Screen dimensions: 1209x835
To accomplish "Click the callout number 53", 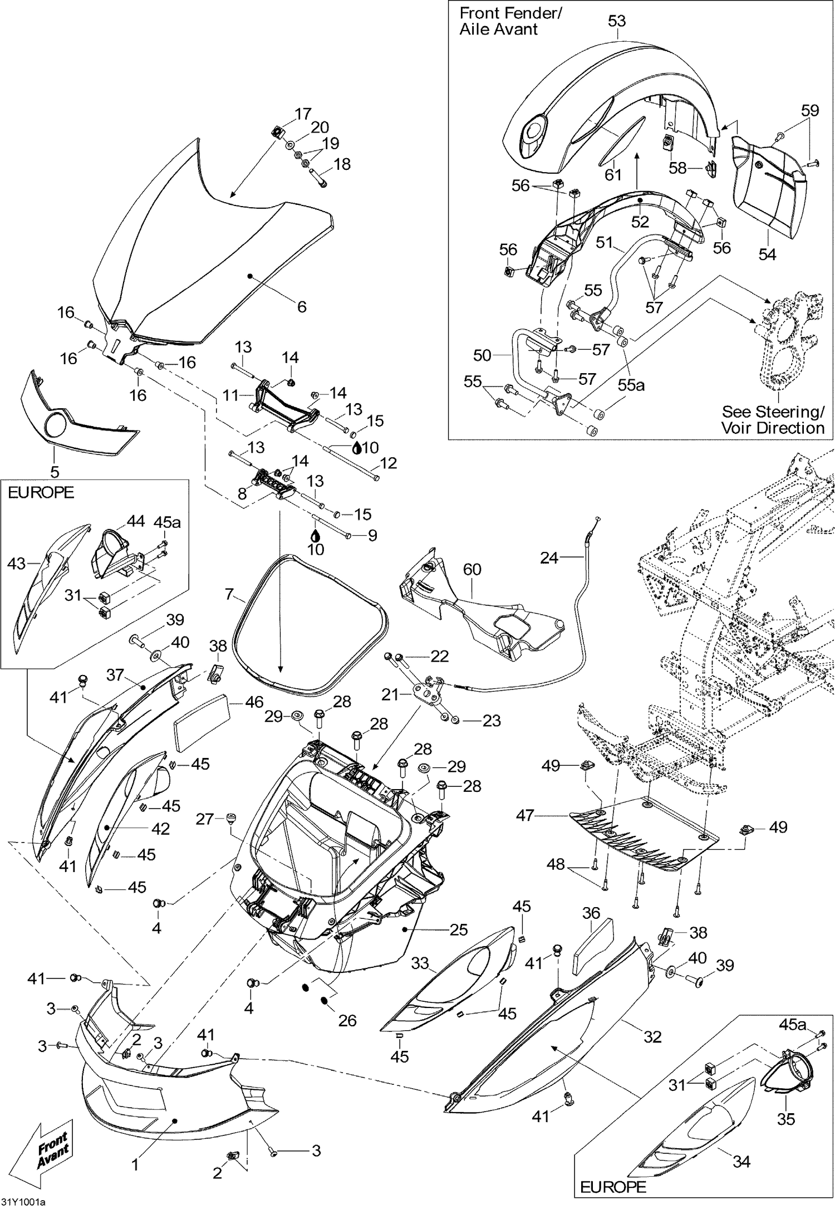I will coord(617,21).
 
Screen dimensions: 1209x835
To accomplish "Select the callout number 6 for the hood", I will coord(302,307).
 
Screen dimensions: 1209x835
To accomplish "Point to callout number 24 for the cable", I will coord(549,557).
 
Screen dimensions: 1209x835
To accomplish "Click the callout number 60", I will coord(472,569).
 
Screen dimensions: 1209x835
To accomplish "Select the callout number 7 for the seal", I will coord(229,594).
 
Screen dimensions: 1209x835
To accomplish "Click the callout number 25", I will coord(459,929).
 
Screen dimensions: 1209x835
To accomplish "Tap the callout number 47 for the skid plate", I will coord(525,816).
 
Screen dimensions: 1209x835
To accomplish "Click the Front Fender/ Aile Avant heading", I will coord(510,21).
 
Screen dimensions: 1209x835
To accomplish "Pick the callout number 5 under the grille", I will coord(55,472).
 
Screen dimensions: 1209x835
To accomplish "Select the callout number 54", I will coord(767,254).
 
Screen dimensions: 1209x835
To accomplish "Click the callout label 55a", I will coord(631,384).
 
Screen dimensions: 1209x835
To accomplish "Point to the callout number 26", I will coord(348,1020).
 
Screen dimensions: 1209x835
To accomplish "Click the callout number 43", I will coord(16,564).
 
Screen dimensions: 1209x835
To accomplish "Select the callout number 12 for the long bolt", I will coord(388,463).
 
